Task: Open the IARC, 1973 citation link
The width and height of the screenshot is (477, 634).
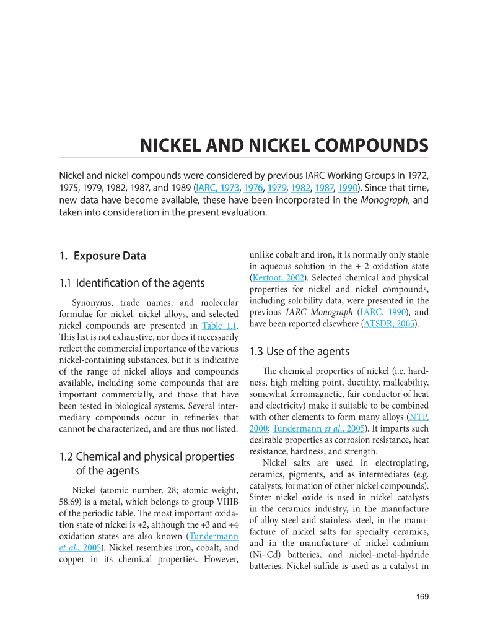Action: point(218,188)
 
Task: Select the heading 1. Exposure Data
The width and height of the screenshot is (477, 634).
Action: point(102,256)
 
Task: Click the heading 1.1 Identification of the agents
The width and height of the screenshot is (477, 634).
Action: point(131,283)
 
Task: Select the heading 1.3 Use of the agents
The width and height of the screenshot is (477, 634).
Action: point(299,352)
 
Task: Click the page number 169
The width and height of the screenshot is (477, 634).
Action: point(422,597)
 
